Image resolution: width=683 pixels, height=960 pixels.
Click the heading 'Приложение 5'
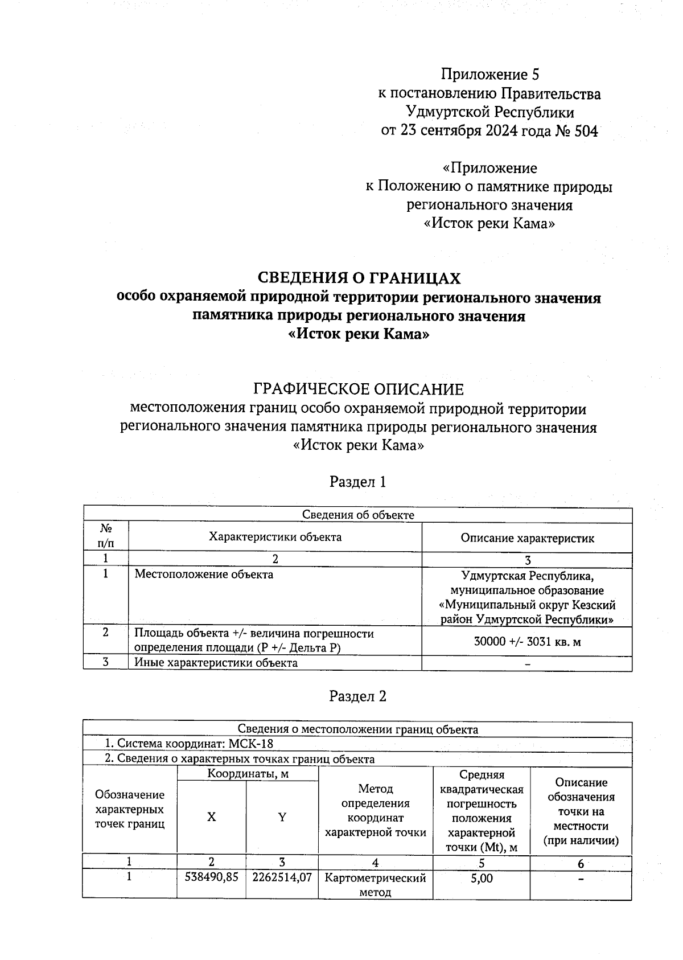489,75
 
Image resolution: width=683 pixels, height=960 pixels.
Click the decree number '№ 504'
576,131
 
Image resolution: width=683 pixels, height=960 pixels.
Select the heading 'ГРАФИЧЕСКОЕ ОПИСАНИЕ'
359,389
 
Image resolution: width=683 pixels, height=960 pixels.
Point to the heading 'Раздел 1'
358,482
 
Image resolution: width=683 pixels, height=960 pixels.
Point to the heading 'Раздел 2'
358,696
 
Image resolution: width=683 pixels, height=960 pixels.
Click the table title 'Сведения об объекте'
358,515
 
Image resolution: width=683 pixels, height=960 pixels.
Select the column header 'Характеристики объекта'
275,537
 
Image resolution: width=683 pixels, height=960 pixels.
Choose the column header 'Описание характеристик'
527,538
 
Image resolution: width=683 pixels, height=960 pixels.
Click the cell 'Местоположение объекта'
204,575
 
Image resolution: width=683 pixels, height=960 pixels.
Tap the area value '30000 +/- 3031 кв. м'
527,642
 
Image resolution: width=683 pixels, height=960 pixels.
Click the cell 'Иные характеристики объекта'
216,663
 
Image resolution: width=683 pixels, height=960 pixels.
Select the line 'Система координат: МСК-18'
189,744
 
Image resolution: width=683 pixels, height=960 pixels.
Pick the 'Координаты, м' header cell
247,774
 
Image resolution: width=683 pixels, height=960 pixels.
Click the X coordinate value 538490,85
212,878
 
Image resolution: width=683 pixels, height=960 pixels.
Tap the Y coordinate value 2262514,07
282,878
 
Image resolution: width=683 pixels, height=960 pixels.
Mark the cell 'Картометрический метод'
375,885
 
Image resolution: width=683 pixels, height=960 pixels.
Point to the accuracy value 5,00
482,878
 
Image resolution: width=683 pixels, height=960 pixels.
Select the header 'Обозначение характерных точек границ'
130,809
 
